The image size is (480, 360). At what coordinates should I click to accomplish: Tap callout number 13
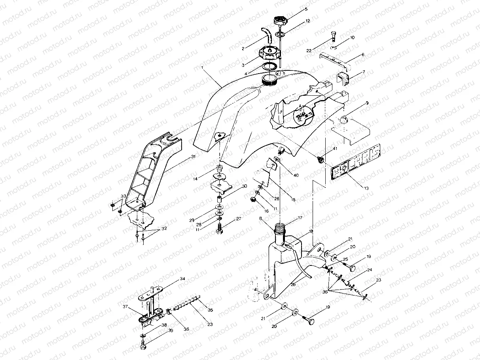point(366,188)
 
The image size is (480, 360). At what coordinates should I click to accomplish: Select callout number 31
point(193,157)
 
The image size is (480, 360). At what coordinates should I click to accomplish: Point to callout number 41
point(335,149)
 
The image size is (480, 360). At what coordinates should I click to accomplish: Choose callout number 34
point(182,279)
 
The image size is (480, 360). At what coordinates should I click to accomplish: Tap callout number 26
point(293,284)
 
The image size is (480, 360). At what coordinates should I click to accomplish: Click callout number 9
point(367,103)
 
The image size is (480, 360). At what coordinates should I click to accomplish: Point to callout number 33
point(123,196)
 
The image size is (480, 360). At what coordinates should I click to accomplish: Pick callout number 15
point(293,200)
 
